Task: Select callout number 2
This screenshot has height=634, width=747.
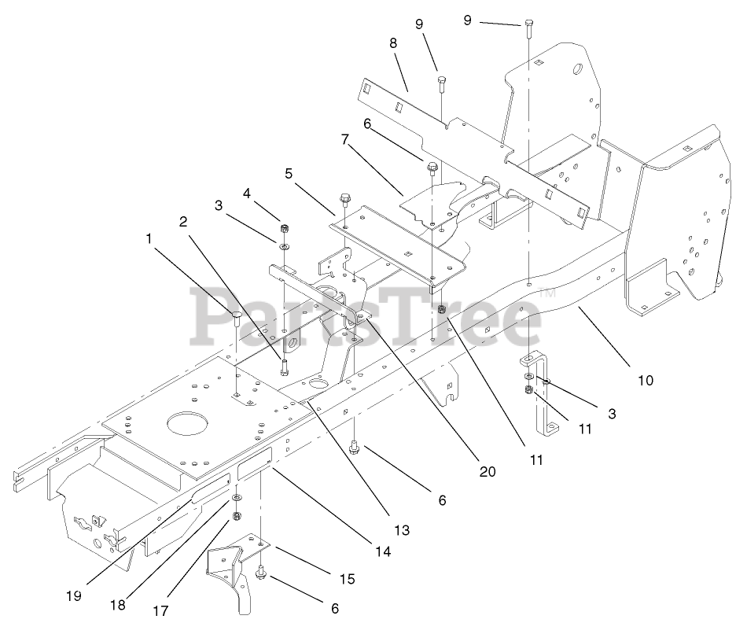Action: (x=182, y=221)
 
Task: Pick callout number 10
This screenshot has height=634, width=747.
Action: (x=645, y=380)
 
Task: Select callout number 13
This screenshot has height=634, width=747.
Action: (x=402, y=531)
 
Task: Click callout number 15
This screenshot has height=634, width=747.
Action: (x=347, y=580)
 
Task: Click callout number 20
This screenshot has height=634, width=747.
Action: (x=487, y=472)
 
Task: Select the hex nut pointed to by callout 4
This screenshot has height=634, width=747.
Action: (x=284, y=230)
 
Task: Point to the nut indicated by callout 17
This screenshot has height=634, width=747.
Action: (x=237, y=517)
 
